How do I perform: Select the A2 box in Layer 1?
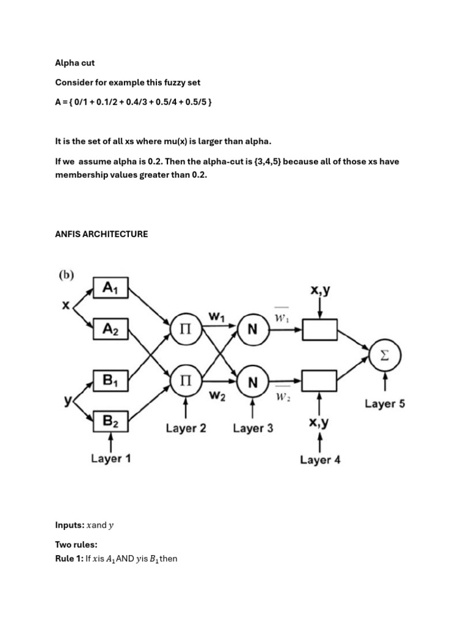pyautogui.click(x=111, y=330)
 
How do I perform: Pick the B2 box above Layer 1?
pyautogui.click(x=111, y=421)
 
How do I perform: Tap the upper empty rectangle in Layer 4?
pyautogui.click(x=320, y=330)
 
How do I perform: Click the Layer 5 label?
pyautogui.click(x=385, y=403)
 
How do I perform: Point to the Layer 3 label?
pyautogui.click(x=253, y=428)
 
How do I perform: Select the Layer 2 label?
pyautogui.click(x=186, y=428)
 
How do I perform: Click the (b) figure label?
pyautogui.click(x=66, y=275)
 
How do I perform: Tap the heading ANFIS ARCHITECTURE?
pyautogui.click(x=101, y=234)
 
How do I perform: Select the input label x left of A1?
pyautogui.click(x=65, y=305)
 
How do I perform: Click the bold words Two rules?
pyautogui.click(x=76, y=544)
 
